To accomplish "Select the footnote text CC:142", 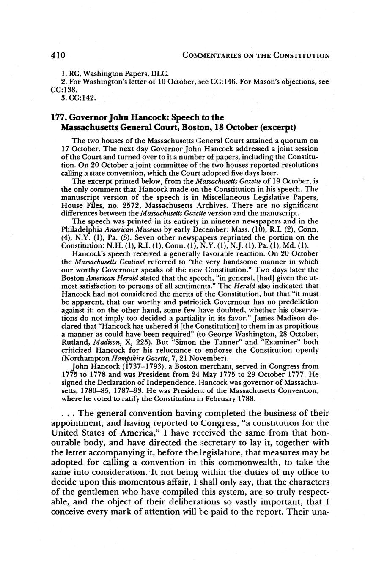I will (84, 98).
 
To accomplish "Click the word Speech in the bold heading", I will (185, 117).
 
